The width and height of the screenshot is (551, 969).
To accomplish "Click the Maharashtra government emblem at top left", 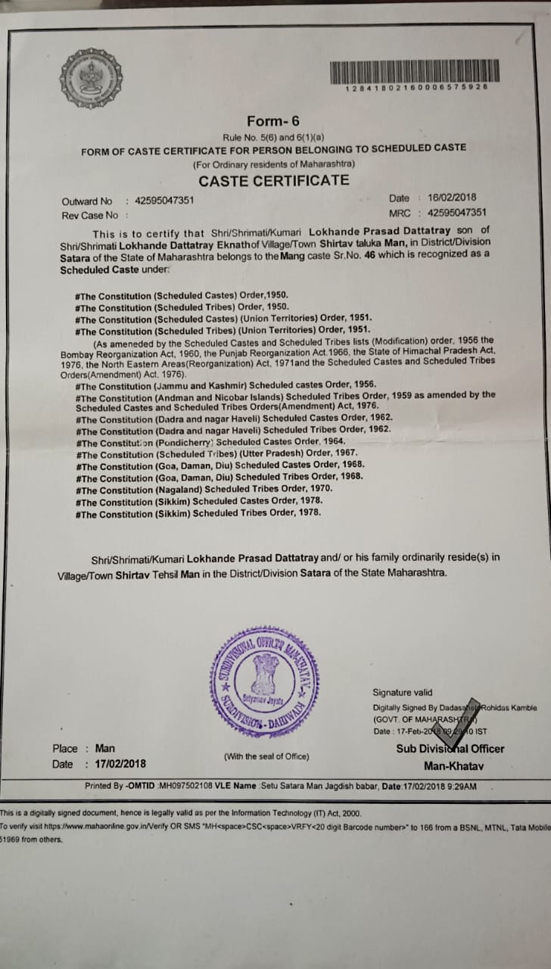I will tap(91, 78).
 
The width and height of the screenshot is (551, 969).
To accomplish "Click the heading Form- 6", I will tap(273, 121).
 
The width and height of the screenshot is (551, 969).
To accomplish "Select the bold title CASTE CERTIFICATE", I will tap(273, 180).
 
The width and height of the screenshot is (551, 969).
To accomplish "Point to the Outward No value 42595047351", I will tap(164, 201).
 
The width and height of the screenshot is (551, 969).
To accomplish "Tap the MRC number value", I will tap(456, 213).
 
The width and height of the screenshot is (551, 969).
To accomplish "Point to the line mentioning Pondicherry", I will tap(212, 441).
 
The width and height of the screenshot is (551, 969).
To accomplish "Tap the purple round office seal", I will tap(265, 682).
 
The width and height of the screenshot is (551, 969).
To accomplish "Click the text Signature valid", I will tap(403, 692).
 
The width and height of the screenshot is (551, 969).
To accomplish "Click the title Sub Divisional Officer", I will tap(450, 749).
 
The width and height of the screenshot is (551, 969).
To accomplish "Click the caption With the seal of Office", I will tap(266, 756).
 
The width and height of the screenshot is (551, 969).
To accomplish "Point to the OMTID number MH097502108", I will tap(196, 786).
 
